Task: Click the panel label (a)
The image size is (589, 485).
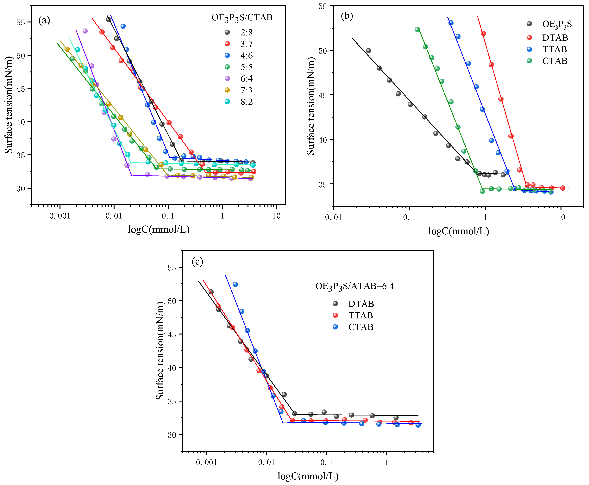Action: [44, 20]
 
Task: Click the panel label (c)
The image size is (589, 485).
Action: [197, 262]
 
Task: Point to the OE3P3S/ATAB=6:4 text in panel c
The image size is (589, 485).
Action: [354, 286]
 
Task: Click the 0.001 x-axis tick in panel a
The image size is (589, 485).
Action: [60, 216]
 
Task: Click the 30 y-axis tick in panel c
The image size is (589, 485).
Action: [172, 435]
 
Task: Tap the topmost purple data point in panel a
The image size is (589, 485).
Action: [85, 31]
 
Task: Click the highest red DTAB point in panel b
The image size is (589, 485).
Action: [483, 34]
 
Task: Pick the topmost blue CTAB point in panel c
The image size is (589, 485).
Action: [235, 284]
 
